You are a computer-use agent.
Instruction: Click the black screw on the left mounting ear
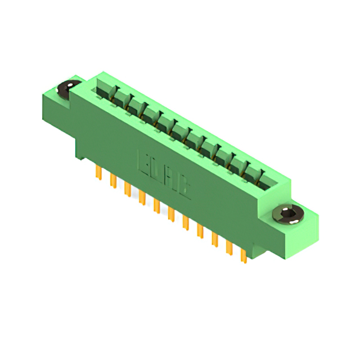tap(67, 88)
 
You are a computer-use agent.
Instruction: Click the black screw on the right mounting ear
tap(288, 214)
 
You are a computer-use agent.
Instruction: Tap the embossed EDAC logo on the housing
tap(164, 174)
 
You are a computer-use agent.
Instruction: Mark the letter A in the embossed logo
tap(170, 179)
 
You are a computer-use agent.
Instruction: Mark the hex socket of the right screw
tap(288, 213)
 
